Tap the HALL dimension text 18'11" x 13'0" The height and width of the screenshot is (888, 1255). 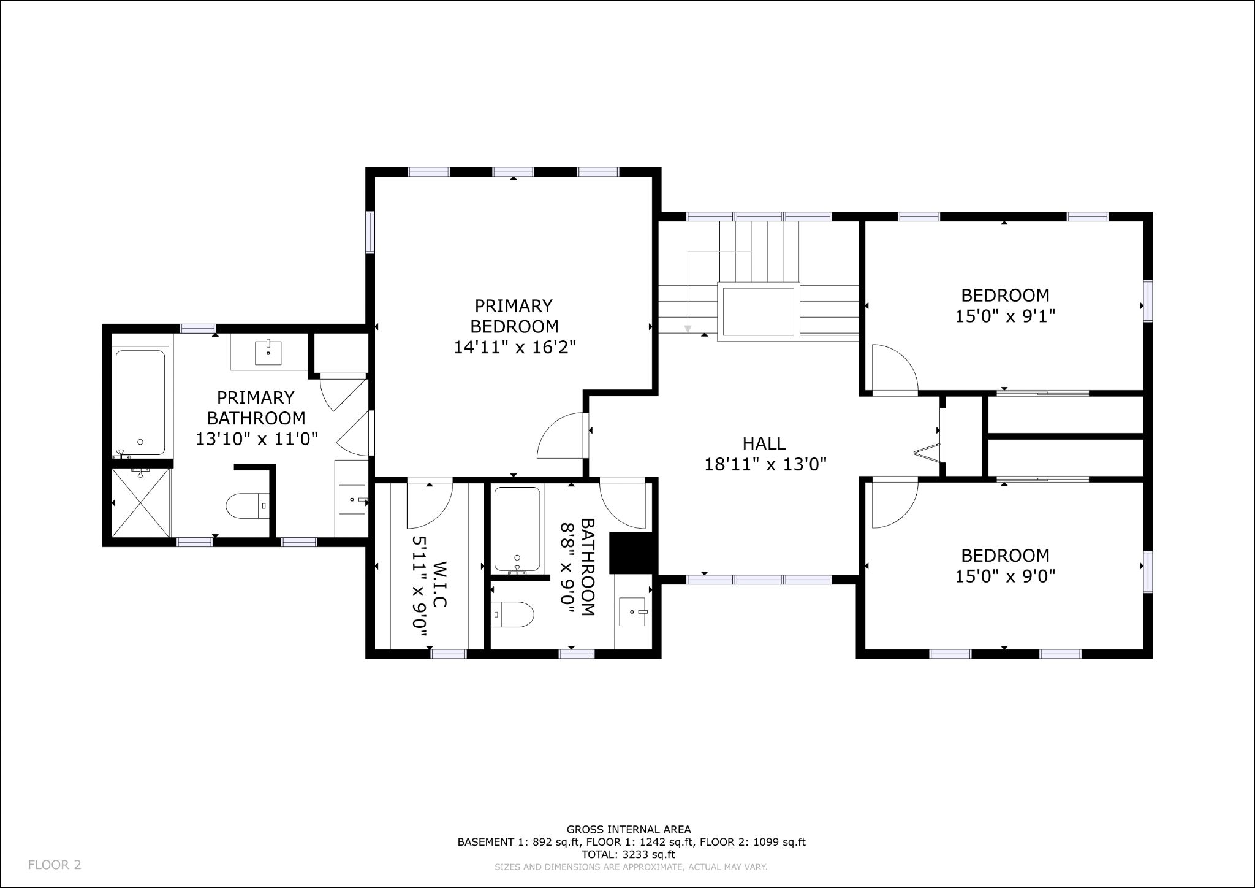[x=765, y=464]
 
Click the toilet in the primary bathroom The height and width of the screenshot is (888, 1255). [x=247, y=507]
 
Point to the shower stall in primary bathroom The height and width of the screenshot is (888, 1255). [x=142, y=502]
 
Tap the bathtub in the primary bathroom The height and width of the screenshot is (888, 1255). [x=140, y=403]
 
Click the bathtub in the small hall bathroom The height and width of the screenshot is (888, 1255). [x=517, y=529]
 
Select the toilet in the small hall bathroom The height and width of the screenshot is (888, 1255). [x=512, y=614]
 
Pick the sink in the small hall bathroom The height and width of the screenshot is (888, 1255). [x=634, y=611]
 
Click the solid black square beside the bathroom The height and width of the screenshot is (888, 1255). [x=633, y=553]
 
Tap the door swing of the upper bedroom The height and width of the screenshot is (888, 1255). [x=895, y=367]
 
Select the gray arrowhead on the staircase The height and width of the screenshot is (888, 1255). [x=688, y=329]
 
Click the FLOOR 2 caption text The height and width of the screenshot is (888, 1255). [x=55, y=865]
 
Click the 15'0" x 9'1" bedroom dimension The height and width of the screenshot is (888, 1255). [x=1005, y=316]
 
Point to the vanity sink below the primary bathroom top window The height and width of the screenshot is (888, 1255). [x=268, y=353]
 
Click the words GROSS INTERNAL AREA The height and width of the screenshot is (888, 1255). [x=629, y=830]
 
